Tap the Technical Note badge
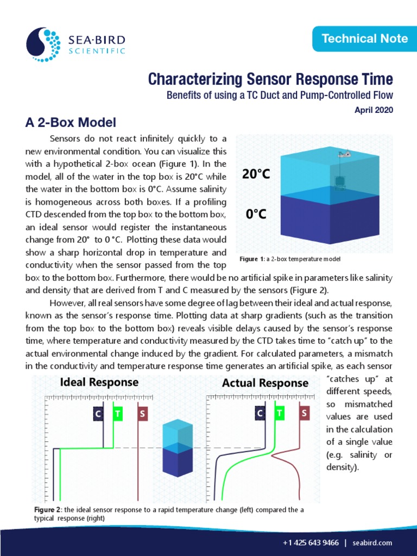pyautogui.click(x=364, y=38)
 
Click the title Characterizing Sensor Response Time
pyautogui.click(x=270, y=79)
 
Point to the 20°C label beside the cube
pyautogui.click(x=256, y=174)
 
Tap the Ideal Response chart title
pyautogui.click(x=99, y=382)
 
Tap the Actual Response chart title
pyautogui.click(x=265, y=383)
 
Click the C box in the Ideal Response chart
pyautogui.click(x=98, y=414)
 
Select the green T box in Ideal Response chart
pyautogui.click(x=118, y=414)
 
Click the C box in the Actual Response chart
pyautogui.click(x=261, y=414)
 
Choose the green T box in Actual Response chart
pyautogui.click(x=280, y=414)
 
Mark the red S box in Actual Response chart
pyautogui.click(x=304, y=414)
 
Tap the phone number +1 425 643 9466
pyautogui.click(x=311, y=543)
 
